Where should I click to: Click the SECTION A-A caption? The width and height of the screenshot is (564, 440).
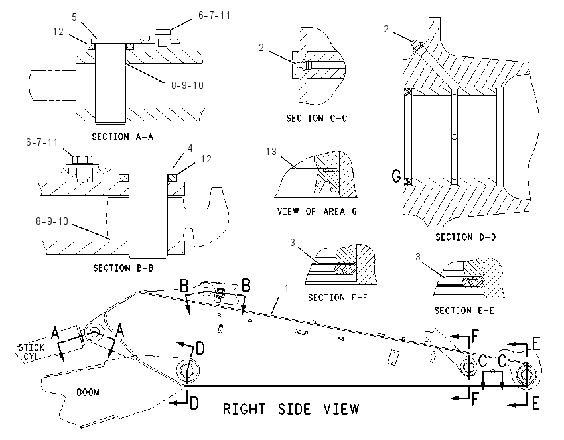pyautogui.click(x=123, y=137)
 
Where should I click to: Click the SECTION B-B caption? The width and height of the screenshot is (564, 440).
pyautogui.click(x=123, y=268)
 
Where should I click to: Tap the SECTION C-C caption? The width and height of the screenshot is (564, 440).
pyautogui.click(x=317, y=118)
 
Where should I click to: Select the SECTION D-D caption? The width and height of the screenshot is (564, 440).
pyautogui.click(x=465, y=237)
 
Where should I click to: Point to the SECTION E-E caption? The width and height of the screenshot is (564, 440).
pyautogui.click(x=464, y=311)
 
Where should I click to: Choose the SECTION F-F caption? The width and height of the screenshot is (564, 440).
pyautogui.click(x=337, y=298)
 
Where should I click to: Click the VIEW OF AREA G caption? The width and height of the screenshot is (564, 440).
pyautogui.click(x=317, y=211)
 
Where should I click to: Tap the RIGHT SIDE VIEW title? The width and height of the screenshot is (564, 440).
pyautogui.click(x=291, y=409)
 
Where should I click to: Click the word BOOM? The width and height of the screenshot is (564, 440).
pyautogui.click(x=88, y=392)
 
